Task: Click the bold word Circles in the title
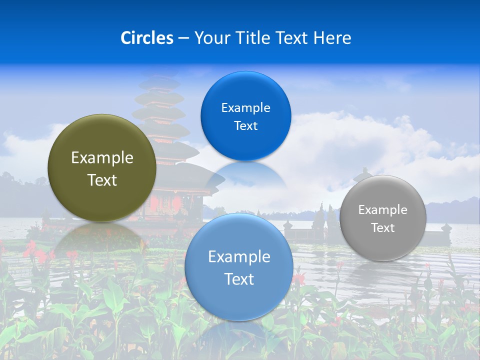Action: tap(146, 38)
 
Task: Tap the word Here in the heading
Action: tap(332, 38)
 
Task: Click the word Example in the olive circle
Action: tap(102, 158)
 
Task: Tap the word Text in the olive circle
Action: tap(102, 180)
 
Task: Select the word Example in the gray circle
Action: tap(383, 210)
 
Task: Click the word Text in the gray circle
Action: tap(383, 228)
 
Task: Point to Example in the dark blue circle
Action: tap(245, 108)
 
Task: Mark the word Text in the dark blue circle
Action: tap(245, 126)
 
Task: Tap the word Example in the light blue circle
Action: tap(239, 257)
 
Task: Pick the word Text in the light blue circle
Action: tap(239, 279)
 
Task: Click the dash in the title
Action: tap(183, 38)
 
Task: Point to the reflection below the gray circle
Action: tap(383, 275)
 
